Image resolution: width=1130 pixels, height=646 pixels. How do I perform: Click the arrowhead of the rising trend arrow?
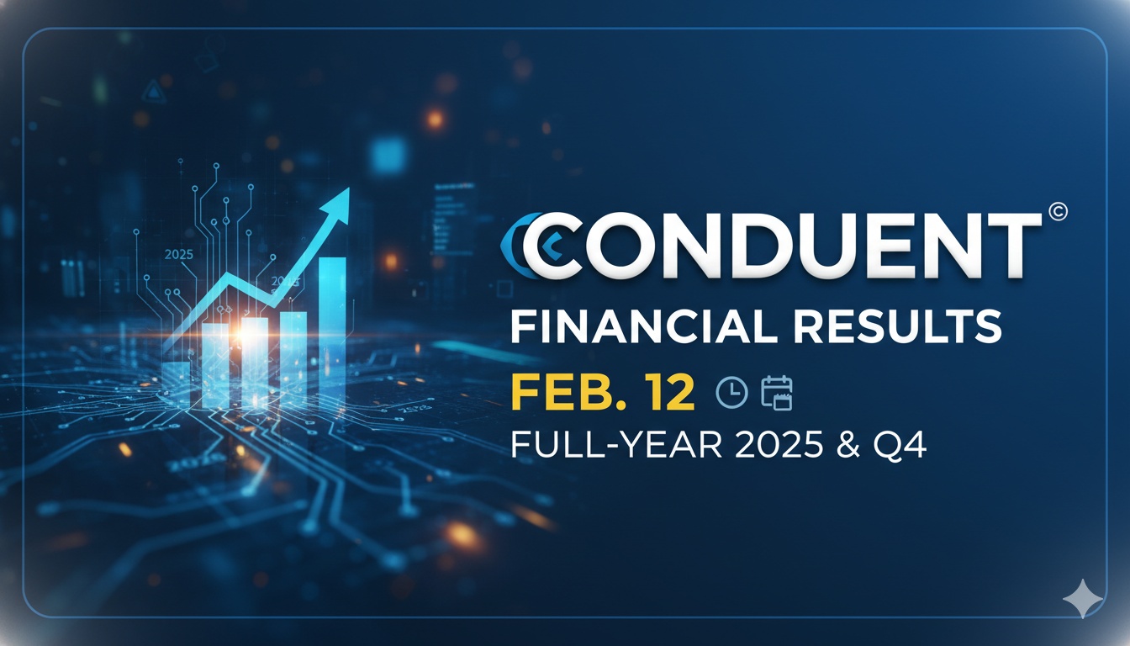point(338,203)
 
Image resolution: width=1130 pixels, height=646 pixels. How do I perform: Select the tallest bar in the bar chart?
point(332,328)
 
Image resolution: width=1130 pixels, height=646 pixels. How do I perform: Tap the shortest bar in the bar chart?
point(177,384)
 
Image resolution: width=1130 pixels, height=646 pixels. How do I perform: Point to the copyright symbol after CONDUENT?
point(1058,214)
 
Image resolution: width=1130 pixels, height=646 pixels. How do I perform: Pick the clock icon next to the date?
point(731,392)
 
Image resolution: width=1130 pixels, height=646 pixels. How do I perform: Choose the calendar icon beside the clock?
point(777,392)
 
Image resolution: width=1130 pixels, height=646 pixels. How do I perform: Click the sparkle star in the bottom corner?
point(1081,599)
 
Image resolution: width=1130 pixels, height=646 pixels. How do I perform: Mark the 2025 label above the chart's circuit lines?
point(179,253)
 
